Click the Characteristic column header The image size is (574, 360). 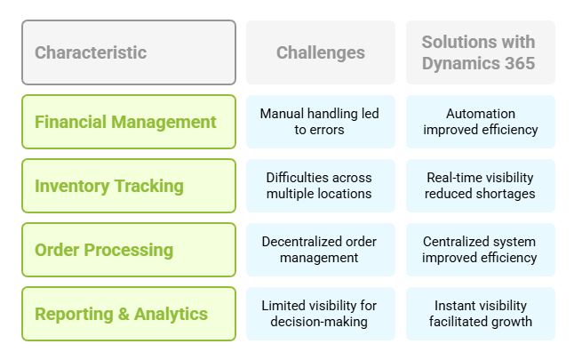pos(129,52)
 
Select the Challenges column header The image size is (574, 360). pos(320,52)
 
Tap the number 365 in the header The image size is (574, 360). pos(520,63)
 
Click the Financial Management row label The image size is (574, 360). pos(129,122)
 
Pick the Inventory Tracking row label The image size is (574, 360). pos(129,186)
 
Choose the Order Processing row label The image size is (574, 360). pos(129,250)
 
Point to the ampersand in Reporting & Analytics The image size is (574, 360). pos(124,314)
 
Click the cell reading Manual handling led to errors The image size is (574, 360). pos(320,122)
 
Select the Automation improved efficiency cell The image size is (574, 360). pos(481,122)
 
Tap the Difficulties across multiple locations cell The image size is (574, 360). pos(320,186)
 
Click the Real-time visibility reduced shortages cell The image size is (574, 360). pos(481,186)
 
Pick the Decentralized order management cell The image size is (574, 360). pos(320,250)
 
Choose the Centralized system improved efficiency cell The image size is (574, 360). pos(481,250)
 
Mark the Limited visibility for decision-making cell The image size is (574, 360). pos(320,314)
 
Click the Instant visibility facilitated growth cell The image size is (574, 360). pos(481,314)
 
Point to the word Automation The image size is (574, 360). pos(481,114)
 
